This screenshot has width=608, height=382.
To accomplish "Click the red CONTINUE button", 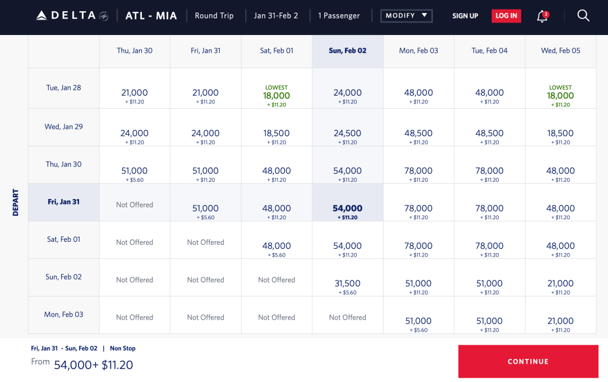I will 527,361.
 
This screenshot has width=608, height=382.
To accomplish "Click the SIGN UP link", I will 465,16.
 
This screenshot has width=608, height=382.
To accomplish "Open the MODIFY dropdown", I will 406,15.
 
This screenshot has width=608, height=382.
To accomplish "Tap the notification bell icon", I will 541,17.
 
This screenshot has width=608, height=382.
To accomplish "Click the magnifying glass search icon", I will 583,16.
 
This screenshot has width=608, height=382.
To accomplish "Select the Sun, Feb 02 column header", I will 347,51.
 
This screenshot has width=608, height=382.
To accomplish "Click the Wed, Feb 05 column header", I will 560,51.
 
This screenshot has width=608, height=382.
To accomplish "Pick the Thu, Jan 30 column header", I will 134,51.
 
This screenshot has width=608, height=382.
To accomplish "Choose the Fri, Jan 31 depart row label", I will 64,202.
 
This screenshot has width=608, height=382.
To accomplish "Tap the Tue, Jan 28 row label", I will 64,88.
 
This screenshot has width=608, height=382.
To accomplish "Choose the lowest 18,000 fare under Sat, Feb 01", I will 277,96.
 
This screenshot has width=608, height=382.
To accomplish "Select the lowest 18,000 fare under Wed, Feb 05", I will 560,96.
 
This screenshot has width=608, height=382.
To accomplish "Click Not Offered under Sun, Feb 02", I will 347,318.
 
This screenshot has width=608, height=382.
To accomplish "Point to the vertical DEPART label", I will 15,202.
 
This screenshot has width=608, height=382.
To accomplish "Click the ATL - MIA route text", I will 151,16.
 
